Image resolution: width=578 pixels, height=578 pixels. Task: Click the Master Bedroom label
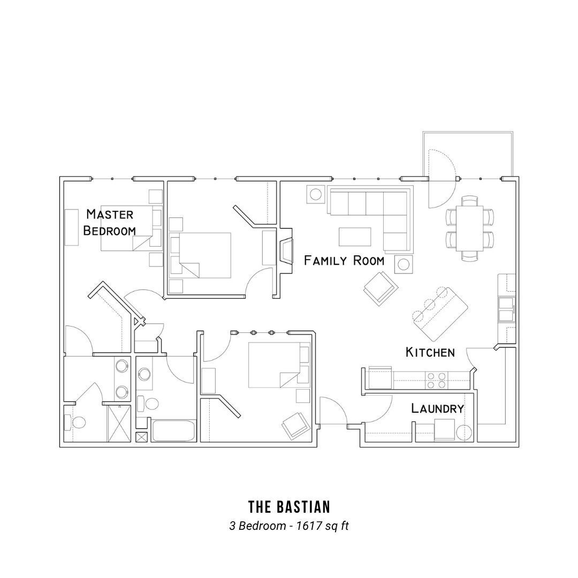(110, 222)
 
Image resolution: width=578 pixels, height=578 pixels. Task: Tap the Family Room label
(344, 261)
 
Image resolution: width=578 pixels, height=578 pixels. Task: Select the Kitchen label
(430, 352)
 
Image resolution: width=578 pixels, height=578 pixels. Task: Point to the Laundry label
(437, 408)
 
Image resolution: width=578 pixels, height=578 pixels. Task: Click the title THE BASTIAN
(289, 507)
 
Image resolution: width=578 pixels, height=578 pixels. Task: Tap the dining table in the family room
(469, 229)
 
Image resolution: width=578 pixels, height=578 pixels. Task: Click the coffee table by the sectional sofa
(355, 237)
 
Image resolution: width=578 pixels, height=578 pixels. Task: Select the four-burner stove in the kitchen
(436, 380)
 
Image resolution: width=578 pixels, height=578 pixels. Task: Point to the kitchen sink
(505, 310)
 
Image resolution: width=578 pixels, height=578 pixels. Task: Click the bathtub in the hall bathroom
(173, 430)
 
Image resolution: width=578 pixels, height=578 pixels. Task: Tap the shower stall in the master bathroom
(119, 423)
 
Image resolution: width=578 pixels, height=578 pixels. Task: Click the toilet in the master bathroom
(75, 422)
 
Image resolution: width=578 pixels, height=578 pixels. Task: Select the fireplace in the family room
(286, 250)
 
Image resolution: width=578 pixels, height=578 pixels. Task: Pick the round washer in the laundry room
(463, 432)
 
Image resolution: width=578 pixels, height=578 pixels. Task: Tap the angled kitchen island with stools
(439, 314)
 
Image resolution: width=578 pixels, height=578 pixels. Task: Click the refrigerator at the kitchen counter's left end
(379, 378)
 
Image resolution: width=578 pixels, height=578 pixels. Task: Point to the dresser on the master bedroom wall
(72, 227)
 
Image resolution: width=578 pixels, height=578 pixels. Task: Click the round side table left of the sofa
(316, 194)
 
